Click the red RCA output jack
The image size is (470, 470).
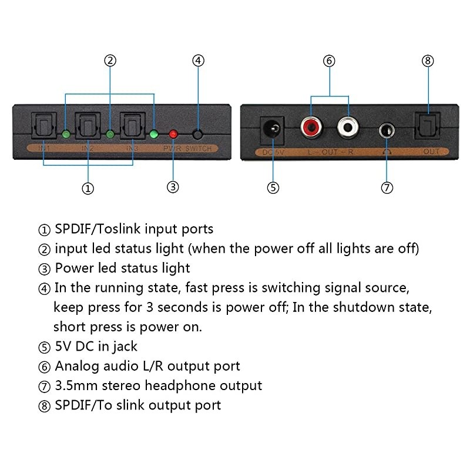(x=310, y=126)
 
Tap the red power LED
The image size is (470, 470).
(x=173, y=134)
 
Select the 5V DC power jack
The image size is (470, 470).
(x=272, y=127)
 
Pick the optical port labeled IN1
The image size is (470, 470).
(x=44, y=125)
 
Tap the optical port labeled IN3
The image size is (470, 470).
(x=132, y=125)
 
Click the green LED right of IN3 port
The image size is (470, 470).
(x=154, y=134)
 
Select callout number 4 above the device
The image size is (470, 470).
(x=199, y=60)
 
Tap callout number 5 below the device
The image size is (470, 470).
(x=273, y=188)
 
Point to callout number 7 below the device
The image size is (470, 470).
(x=387, y=188)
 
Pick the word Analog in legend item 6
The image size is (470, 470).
(x=76, y=366)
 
